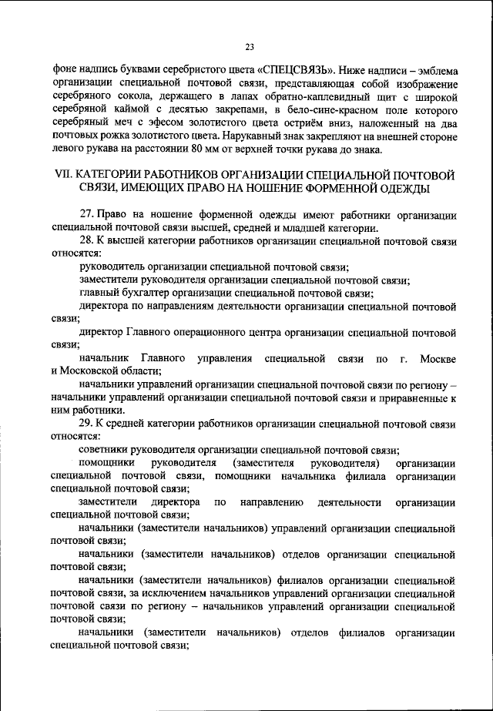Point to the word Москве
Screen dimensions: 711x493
(438, 359)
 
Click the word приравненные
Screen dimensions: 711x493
(409, 398)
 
